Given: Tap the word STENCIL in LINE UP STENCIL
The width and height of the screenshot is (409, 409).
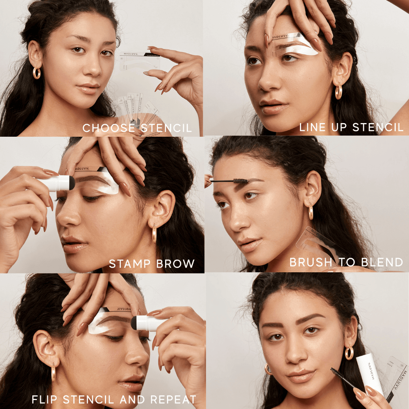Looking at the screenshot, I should (x=378, y=127).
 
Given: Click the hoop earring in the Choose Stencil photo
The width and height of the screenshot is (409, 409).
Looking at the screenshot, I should (x=37, y=72).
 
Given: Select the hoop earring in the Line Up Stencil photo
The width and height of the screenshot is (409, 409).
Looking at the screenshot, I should (x=338, y=91).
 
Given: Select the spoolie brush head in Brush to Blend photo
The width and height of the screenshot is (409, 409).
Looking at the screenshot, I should (x=240, y=181).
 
